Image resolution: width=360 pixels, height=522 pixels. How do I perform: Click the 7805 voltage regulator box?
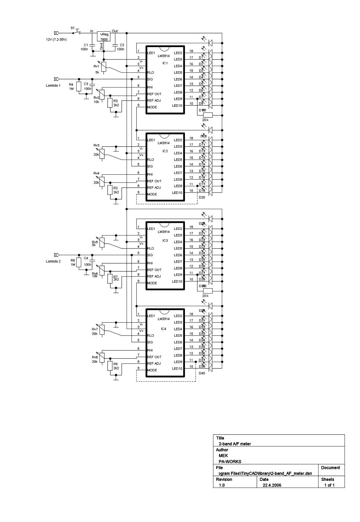click(x=104, y=36)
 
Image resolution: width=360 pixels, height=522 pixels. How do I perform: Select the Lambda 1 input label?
click(x=53, y=85)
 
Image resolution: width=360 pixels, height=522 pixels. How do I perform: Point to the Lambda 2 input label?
click(x=53, y=261)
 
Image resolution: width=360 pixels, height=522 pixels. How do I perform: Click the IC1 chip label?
click(x=165, y=63)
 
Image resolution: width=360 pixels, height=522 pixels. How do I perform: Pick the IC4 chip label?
click(x=163, y=329)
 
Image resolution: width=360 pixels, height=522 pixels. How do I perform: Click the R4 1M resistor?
click(x=79, y=86)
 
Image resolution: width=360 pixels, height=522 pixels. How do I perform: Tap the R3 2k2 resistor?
click(x=110, y=103)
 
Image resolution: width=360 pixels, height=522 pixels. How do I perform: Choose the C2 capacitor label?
click(x=122, y=45)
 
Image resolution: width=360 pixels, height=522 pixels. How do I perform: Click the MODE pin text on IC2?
click(x=152, y=194)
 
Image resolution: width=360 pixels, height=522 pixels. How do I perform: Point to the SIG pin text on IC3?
click(x=150, y=255)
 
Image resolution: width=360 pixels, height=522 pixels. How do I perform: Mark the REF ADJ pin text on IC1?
click(x=154, y=101)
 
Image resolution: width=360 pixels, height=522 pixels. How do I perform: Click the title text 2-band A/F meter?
click(x=235, y=444)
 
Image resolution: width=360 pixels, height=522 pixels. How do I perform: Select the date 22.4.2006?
click(x=272, y=485)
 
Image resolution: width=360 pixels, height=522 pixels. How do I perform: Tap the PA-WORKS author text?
click(x=230, y=462)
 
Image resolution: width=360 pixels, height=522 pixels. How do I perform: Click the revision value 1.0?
click(x=222, y=485)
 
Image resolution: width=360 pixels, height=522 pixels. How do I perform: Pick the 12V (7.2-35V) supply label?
click(x=56, y=39)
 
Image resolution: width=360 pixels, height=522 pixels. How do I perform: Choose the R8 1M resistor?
click(x=79, y=262)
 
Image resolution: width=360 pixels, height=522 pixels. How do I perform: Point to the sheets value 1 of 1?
click(x=329, y=485)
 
